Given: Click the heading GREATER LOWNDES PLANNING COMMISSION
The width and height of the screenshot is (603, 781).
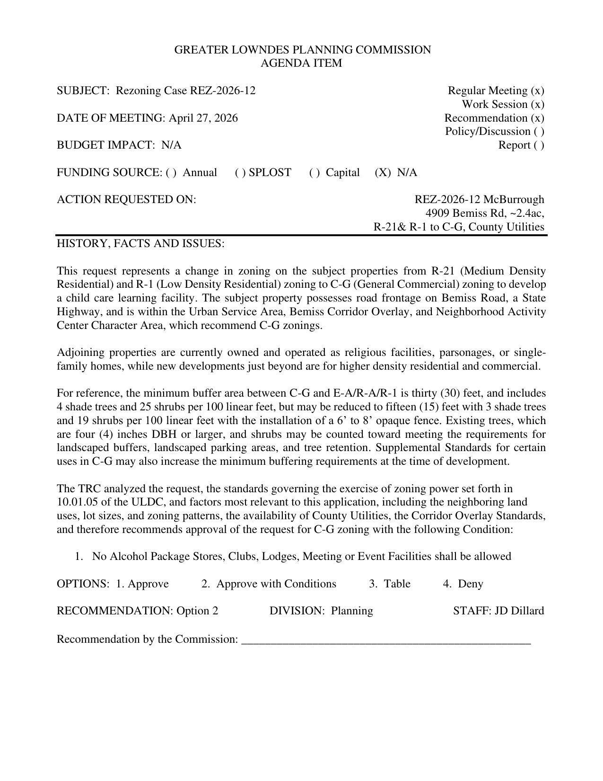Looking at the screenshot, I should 302,50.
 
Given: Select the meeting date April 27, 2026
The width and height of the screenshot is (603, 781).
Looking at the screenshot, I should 203,118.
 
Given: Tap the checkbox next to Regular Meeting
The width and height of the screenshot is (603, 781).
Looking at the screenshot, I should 537,90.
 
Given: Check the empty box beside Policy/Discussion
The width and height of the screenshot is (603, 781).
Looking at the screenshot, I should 539,131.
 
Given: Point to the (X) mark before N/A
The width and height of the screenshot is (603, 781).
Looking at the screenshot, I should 383,172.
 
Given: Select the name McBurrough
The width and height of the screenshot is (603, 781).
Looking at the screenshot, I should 514,199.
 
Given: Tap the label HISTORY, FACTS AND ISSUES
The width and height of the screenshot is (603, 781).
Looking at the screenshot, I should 140,243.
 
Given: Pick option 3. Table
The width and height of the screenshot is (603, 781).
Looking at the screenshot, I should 390,584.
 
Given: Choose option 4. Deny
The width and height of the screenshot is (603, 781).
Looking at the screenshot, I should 463,584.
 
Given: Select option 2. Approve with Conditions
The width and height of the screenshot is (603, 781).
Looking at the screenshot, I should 269,584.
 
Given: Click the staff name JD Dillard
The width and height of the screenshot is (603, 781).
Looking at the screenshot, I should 519,611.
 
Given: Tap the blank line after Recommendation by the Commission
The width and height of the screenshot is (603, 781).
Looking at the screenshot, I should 386,640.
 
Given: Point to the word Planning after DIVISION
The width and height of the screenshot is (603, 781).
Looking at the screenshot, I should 351,611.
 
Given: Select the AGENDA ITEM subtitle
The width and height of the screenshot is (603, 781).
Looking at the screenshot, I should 301,63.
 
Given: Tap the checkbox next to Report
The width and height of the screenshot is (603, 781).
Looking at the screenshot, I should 539,145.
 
